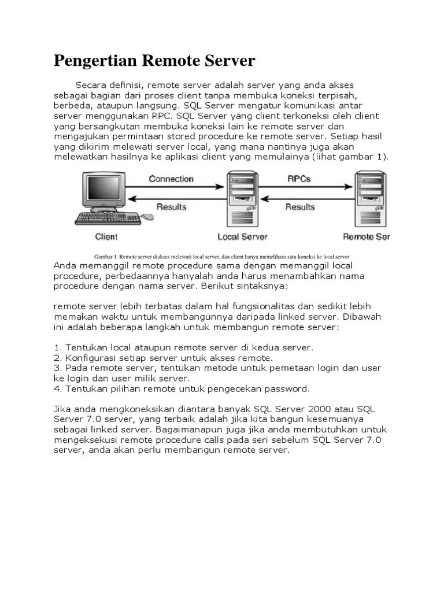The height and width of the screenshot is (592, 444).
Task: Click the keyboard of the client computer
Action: click(x=107, y=218)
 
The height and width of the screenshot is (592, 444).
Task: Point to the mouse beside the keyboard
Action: click(x=148, y=217)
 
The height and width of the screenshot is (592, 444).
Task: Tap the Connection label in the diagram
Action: click(x=171, y=179)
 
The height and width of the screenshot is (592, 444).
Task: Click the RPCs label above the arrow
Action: click(x=299, y=179)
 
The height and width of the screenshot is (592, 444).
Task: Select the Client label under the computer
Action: click(x=106, y=236)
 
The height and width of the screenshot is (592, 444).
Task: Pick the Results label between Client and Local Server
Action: click(x=171, y=206)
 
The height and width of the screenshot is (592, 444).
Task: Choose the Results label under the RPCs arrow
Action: click(x=300, y=206)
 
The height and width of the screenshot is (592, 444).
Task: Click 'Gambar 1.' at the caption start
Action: click(x=106, y=256)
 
